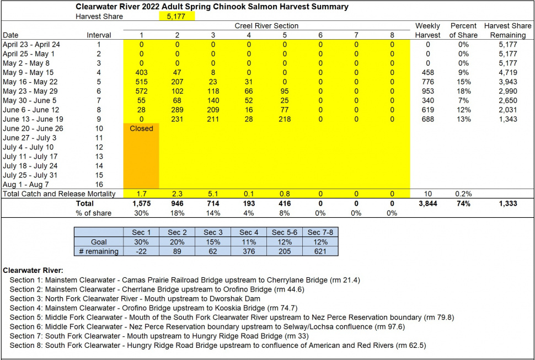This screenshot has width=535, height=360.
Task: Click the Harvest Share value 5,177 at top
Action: (x=177, y=17)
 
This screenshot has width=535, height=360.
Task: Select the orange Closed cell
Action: (x=141, y=128)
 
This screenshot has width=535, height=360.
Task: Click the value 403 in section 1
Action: (x=141, y=72)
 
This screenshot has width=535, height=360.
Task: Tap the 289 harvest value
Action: (x=177, y=110)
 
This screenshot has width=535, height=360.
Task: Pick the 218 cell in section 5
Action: (x=285, y=119)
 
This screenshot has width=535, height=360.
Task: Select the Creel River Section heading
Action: (x=266, y=25)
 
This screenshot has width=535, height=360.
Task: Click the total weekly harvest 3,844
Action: (x=428, y=203)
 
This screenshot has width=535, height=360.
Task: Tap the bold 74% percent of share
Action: (x=463, y=203)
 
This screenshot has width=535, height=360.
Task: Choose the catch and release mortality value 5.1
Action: (x=213, y=194)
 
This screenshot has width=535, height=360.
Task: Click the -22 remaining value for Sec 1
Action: (x=141, y=251)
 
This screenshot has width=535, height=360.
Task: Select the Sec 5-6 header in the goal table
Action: (x=285, y=232)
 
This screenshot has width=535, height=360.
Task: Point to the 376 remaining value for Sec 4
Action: (x=249, y=251)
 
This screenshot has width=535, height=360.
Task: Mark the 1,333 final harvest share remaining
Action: (x=507, y=203)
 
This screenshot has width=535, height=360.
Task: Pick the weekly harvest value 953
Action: (x=428, y=91)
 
